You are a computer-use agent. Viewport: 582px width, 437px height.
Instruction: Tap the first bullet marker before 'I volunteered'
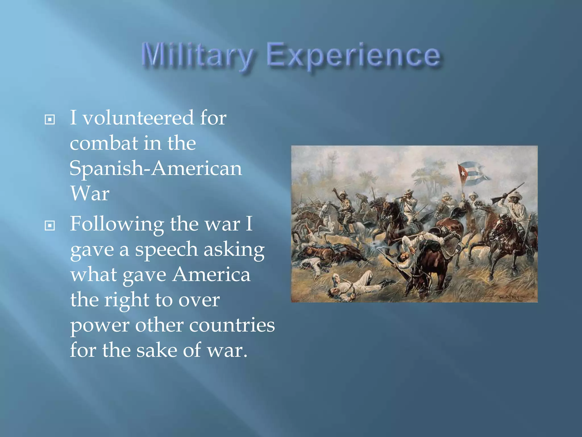click(x=50, y=119)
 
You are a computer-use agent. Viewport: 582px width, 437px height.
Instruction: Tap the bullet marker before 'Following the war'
click(x=50, y=226)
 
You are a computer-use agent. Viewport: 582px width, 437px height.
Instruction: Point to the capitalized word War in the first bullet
click(x=90, y=193)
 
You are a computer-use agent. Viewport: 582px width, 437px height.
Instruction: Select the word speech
click(x=166, y=250)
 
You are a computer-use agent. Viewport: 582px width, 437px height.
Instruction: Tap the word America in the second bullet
click(x=211, y=275)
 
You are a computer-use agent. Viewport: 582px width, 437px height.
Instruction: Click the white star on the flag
click(x=463, y=173)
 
